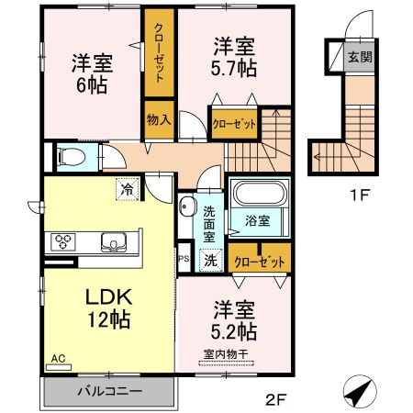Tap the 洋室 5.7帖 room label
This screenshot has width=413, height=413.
point(234,55)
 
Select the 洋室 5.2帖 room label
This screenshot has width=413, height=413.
point(235,319)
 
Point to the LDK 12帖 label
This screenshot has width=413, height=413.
point(108,308)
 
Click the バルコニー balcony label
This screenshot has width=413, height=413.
point(108,391)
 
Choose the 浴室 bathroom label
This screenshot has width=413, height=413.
point(257,220)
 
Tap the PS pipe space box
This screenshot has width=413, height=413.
point(184,260)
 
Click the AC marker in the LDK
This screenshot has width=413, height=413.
point(58,359)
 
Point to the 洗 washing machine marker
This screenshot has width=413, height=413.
point(209,260)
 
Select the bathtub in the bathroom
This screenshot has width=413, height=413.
point(258,195)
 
